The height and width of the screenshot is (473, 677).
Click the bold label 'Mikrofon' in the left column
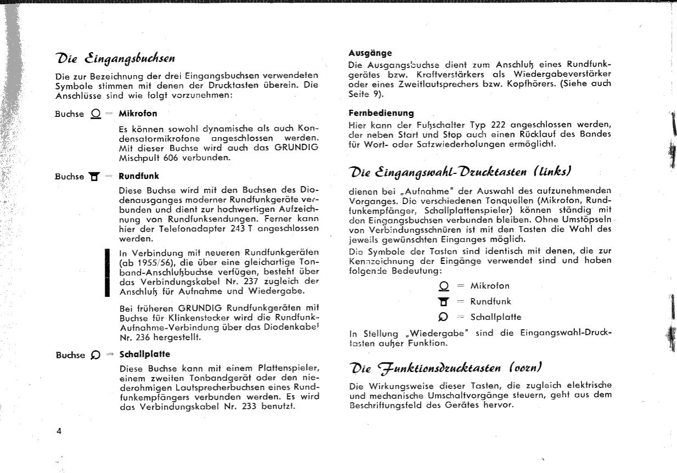(138, 114)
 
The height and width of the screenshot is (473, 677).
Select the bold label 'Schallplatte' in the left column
(144, 354)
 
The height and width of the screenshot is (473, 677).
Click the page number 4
(59, 431)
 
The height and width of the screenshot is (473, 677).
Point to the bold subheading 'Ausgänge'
(370, 53)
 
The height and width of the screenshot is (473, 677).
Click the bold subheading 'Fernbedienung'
(381, 114)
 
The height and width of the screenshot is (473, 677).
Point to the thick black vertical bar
(108, 273)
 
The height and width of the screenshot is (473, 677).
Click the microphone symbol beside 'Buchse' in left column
(95, 114)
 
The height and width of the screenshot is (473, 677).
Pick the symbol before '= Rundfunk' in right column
(445, 301)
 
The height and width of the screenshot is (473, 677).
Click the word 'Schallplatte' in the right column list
(495, 317)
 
